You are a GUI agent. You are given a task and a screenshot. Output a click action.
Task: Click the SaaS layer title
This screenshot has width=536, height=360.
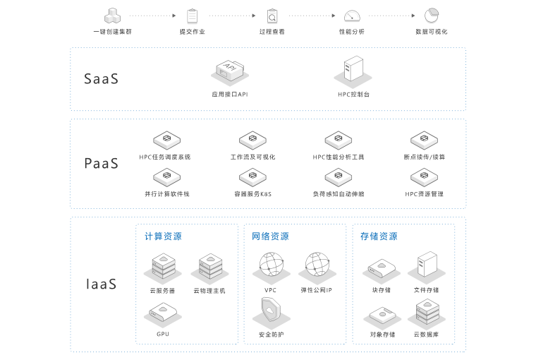pyautogui.click(x=101, y=79)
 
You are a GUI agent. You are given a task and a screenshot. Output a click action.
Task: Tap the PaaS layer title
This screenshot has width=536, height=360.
pyautogui.click(x=101, y=164)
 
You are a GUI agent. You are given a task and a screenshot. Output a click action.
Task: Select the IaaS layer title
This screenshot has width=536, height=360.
pyautogui.click(x=101, y=284)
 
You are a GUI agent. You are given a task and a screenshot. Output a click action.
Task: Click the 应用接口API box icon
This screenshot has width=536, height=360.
pyautogui.click(x=229, y=72)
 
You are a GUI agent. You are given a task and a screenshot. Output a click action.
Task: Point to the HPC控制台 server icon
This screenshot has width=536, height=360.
pyautogui.click(x=353, y=72)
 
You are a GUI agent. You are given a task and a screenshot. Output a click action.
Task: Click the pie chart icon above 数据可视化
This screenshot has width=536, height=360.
pyautogui.click(x=432, y=16)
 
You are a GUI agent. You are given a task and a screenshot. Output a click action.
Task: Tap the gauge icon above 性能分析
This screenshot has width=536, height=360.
pyautogui.click(x=352, y=16)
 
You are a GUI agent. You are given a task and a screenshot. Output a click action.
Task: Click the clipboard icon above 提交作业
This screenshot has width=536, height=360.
pyautogui.click(x=192, y=16)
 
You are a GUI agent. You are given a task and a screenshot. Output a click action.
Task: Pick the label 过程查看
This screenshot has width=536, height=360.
pyautogui.click(x=272, y=32)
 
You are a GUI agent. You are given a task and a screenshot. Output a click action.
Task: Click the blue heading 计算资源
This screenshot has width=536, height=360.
pyautogui.click(x=163, y=236)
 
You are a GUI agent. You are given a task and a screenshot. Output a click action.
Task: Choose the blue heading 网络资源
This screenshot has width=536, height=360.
pyautogui.click(x=270, y=236)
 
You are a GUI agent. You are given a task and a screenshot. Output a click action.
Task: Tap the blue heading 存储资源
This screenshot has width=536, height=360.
pyautogui.click(x=379, y=236)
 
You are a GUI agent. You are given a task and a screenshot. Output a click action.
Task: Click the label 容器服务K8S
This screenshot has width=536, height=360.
pyautogui.click(x=252, y=193)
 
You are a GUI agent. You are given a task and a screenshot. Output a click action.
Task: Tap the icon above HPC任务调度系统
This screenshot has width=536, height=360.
pyautogui.click(x=167, y=138)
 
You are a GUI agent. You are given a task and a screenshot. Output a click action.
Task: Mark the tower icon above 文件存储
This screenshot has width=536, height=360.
pyautogui.click(x=426, y=265)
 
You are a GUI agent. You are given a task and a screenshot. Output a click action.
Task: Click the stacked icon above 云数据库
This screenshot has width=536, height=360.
pyautogui.click(x=426, y=311)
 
